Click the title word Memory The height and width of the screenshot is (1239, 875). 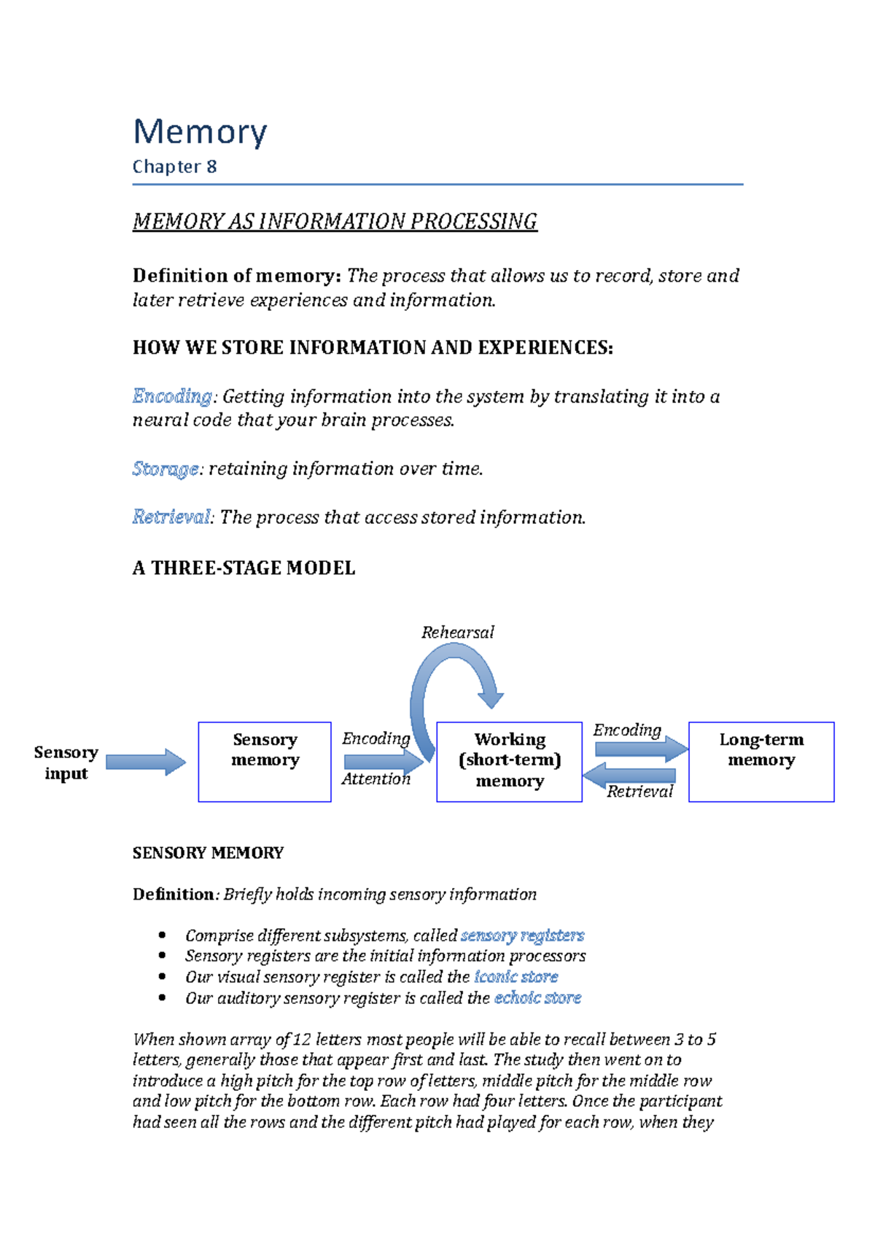pyautogui.click(x=200, y=133)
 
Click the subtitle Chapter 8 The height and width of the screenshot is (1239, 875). pyautogui.click(x=174, y=167)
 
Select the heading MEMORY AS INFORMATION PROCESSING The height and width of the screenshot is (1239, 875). pyautogui.click(x=335, y=222)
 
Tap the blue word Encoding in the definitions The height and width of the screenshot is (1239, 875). pyautogui.click(x=172, y=396)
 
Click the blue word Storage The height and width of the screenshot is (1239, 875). pyautogui.click(x=166, y=468)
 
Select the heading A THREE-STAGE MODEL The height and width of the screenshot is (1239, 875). pyautogui.click(x=244, y=568)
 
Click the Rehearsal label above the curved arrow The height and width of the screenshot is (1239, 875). pyautogui.click(x=457, y=633)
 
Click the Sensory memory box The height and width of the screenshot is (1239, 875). pyautogui.click(x=265, y=762)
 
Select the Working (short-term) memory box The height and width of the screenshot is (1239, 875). pyautogui.click(x=509, y=762)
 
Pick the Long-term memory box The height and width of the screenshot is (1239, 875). pyautogui.click(x=761, y=762)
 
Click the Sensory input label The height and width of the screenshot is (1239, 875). pyautogui.click(x=66, y=763)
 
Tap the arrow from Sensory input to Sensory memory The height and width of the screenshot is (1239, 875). pyautogui.click(x=146, y=762)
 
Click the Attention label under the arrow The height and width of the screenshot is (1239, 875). pyautogui.click(x=376, y=779)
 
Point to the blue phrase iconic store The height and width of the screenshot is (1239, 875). pyautogui.click(x=516, y=977)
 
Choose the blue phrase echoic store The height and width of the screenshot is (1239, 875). pyautogui.click(x=537, y=998)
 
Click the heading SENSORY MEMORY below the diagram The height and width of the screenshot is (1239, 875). pyautogui.click(x=208, y=853)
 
